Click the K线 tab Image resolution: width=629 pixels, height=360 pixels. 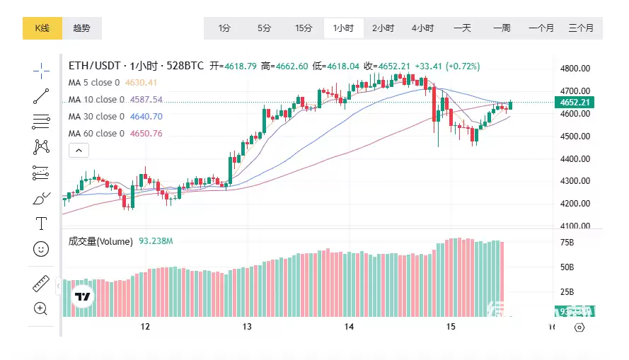pos(43,28)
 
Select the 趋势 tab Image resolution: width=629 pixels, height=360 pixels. pos(82,28)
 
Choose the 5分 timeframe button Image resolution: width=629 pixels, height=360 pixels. pos(264,28)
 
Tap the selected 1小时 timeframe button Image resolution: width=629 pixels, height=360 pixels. pos(343,28)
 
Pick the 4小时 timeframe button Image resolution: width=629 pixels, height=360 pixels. pos(422,28)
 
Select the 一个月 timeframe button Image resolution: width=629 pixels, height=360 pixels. pos(541,28)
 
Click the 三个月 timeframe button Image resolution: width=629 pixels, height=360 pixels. pos(581,28)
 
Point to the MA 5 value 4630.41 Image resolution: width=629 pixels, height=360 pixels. pos(141,83)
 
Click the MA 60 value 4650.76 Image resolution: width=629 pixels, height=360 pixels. pos(146,134)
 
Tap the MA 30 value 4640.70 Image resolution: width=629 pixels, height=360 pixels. pos(146,117)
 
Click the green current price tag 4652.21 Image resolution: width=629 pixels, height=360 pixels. pos(575,103)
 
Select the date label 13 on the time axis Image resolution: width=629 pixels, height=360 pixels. pos(247,327)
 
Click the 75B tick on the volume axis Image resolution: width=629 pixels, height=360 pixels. pos(566,243)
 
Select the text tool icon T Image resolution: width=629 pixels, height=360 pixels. pos(41,223)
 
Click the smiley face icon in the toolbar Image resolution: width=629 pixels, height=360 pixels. pos(41,248)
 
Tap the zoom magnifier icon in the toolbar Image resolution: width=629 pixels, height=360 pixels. pos(41,308)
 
